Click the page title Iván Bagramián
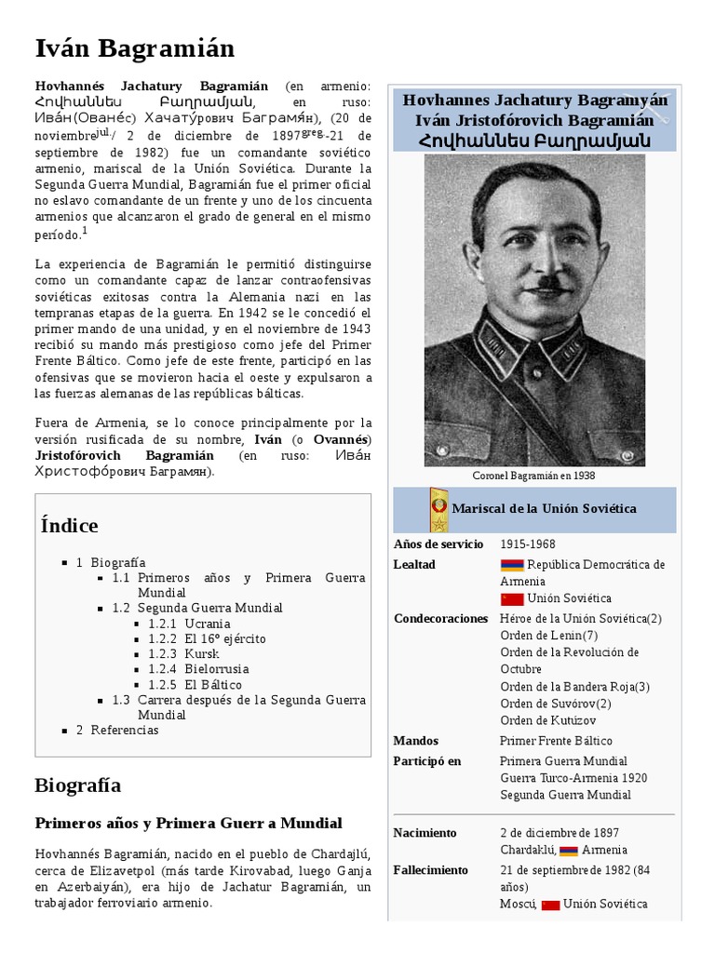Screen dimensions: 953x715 pyautogui.click(x=134, y=47)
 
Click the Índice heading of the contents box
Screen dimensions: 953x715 pyautogui.click(x=70, y=526)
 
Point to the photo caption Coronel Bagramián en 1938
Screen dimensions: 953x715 pyautogui.click(x=533, y=476)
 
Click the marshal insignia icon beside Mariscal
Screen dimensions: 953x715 pyautogui.click(x=438, y=509)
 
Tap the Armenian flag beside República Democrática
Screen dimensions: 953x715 pyautogui.click(x=511, y=565)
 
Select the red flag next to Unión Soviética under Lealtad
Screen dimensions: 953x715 pyautogui.click(x=511, y=598)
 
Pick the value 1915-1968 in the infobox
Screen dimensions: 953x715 pyautogui.click(x=528, y=544)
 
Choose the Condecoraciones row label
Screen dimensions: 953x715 pyautogui.click(x=440, y=618)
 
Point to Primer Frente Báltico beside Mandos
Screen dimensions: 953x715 pyautogui.click(x=556, y=741)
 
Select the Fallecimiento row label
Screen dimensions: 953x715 pyautogui.click(x=430, y=869)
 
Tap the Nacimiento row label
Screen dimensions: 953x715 pyautogui.click(x=425, y=832)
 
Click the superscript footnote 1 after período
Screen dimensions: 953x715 pyautogui.click(x=85, y=231)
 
